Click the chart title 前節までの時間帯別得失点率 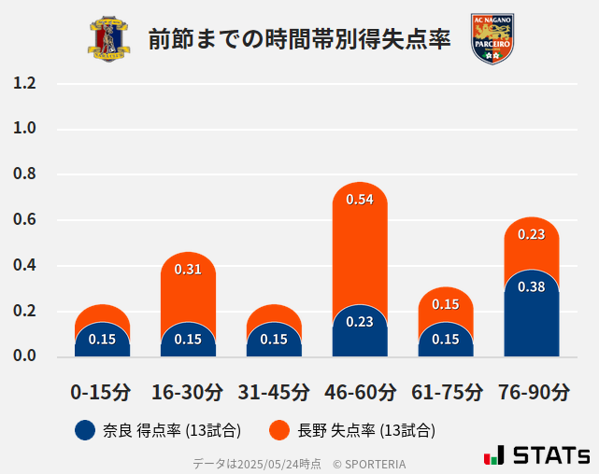coord(299,38)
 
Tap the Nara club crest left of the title coord(109,39)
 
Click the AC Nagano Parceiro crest coord(492,39)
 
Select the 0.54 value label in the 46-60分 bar coord(360,200)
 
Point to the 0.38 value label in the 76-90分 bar coord(531,286)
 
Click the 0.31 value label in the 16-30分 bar coord(188,270)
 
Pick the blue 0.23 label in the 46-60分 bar coord(360,322)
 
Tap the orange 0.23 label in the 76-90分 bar coord(531,234)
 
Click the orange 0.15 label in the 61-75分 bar coord(446,304)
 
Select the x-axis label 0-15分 coord(102,391)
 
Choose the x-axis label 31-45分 coord(274,391)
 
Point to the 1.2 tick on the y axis coord(24,83)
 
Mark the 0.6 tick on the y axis coord(24,220)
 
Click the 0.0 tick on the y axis coord(24,356)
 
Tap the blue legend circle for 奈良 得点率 coord(85,430)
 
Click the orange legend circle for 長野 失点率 coord(278,430)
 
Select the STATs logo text coord(551,456)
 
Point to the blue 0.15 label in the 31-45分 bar coord(274,339)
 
